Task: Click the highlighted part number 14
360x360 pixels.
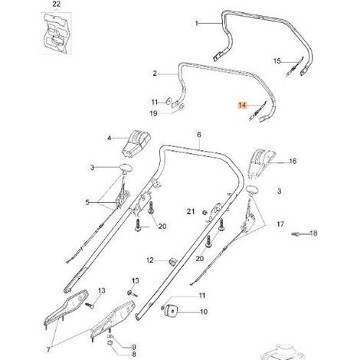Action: coord(243,105)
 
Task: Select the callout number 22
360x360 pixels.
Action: coord(57,5)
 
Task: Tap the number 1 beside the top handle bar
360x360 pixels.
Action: coord(196,24)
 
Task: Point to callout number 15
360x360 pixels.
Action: coord(277,61)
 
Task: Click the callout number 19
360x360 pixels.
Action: coord(153,113)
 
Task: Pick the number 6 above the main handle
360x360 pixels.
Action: coord(199,135)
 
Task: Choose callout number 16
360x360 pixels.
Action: coord(293,161)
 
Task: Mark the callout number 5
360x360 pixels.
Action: coord(87,202)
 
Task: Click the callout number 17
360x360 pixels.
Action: coord(280,224)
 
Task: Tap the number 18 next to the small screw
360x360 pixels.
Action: coord(313,233)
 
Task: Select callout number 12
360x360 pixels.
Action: coord(150,260)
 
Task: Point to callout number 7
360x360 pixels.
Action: coord(48,350)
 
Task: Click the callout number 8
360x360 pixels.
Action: coord(134,354)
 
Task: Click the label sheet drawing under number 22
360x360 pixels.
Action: coord(57,33)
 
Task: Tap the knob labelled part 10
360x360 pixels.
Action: coord(171,311)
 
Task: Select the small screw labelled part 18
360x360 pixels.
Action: coord(296,234)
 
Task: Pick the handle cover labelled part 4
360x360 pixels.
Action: coord(136,145)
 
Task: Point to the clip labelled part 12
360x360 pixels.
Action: coord(172,261)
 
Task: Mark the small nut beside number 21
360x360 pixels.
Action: coord(204,212)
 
